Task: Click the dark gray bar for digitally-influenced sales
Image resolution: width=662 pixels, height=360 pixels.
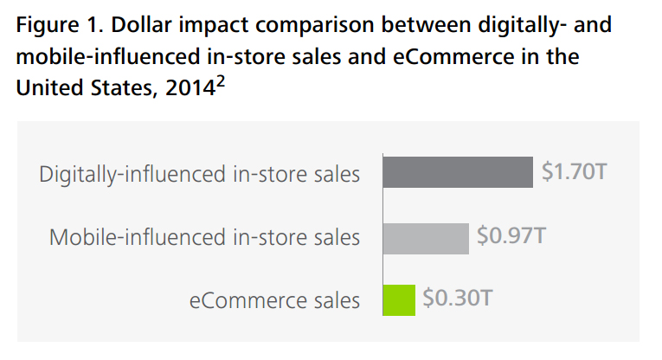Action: (457, 172)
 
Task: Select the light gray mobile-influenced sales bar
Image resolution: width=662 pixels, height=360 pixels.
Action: (425, 236)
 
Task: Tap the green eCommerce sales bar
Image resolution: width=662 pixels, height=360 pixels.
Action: (398, 299)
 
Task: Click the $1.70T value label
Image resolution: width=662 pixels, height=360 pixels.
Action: (575, 171)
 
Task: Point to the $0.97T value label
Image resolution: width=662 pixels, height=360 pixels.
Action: (511, 235)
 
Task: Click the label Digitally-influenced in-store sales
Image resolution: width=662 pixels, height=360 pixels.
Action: (199, 173)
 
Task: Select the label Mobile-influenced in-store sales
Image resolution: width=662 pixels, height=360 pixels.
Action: (204, 236)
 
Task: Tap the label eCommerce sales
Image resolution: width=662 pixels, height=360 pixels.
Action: (274, 300)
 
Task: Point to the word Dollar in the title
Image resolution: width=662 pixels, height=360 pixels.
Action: (144, 24)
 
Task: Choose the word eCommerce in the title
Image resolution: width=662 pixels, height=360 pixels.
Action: (460, 57)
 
